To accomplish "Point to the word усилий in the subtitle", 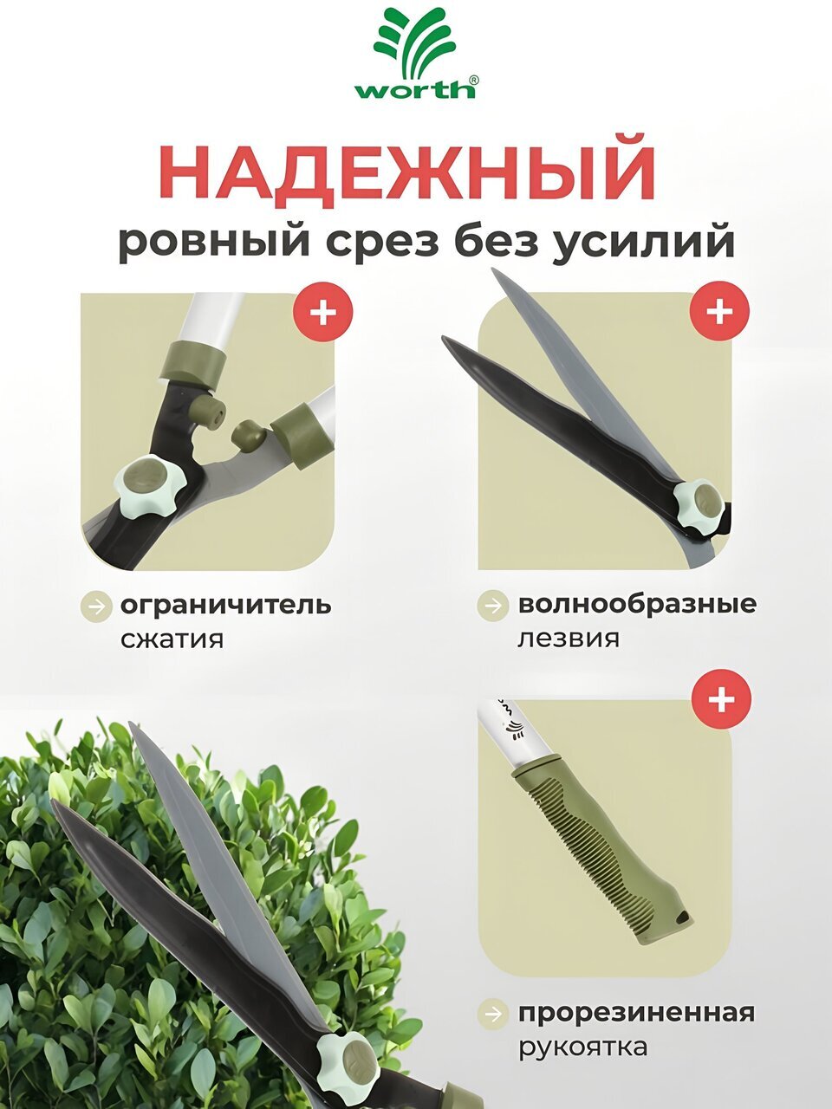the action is coord(642,244).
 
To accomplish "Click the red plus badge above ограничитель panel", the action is coord(323,312).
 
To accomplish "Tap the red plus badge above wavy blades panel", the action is coord(720,311).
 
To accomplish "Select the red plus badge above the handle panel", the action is coord(722,699).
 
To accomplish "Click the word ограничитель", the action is coord(226,606).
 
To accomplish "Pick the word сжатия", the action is coord(172,639).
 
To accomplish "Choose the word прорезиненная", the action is coord(636,1013).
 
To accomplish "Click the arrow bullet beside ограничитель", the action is coord(96,606).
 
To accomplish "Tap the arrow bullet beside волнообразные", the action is coord(492,605).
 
